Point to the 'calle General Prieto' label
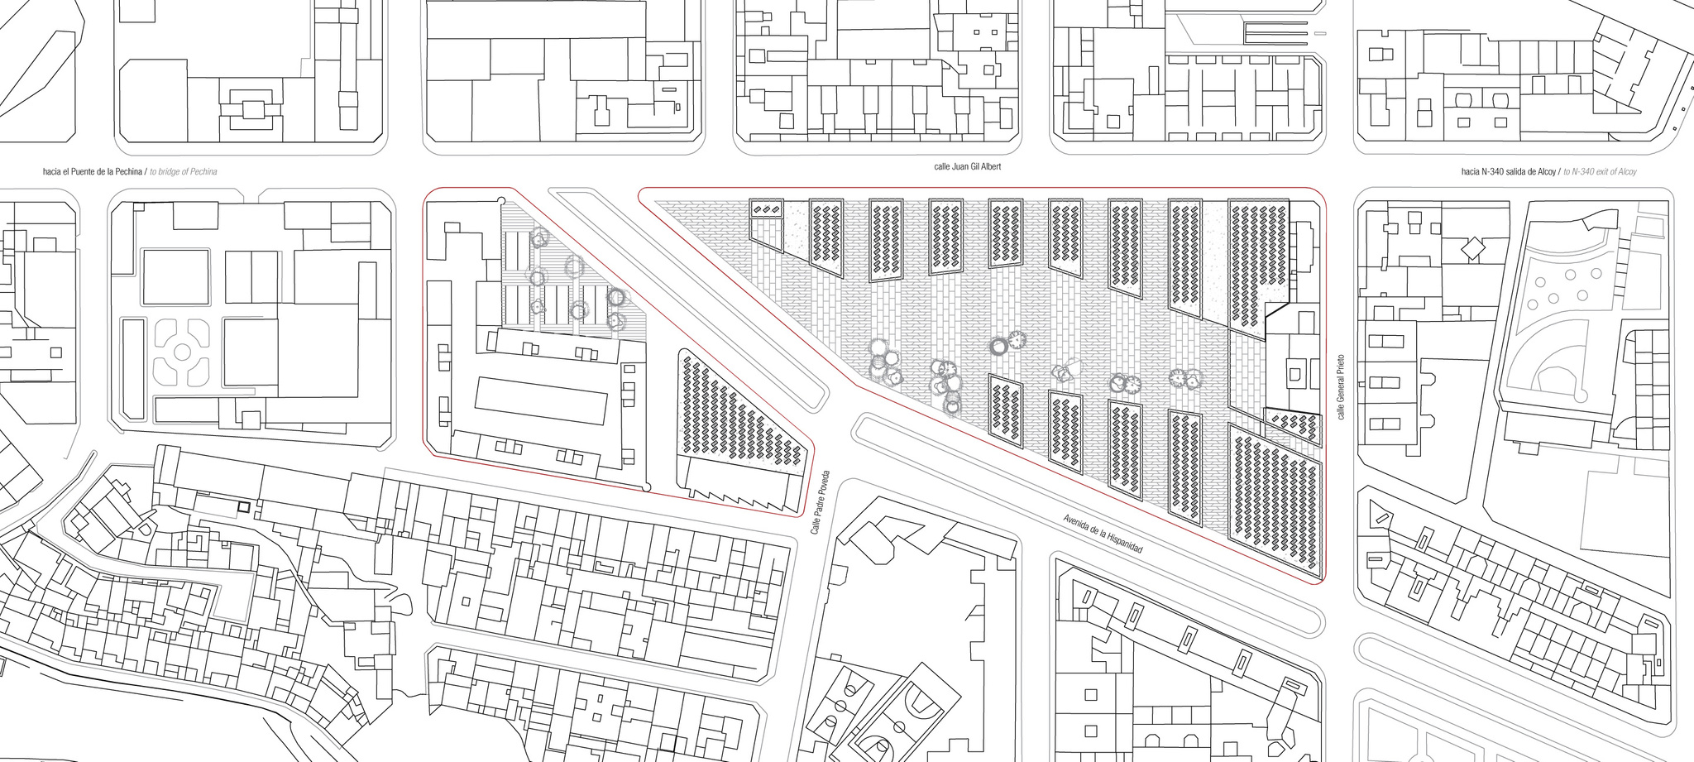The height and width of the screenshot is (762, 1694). [x=1340, y=386]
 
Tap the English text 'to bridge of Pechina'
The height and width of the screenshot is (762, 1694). [x=184, y=172]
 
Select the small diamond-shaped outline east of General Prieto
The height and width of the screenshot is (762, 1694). [x=1473, y=247]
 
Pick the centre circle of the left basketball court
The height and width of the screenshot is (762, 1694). [x=841, y=706]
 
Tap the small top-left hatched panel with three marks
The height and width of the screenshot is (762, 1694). [x=767, y=208]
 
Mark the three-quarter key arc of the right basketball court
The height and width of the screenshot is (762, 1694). [x=919, y=703]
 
